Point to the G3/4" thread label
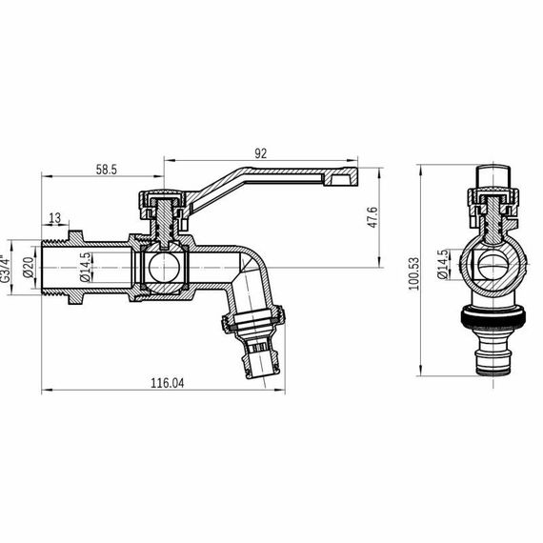click(7, 267)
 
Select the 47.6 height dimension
click(373, 217)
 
